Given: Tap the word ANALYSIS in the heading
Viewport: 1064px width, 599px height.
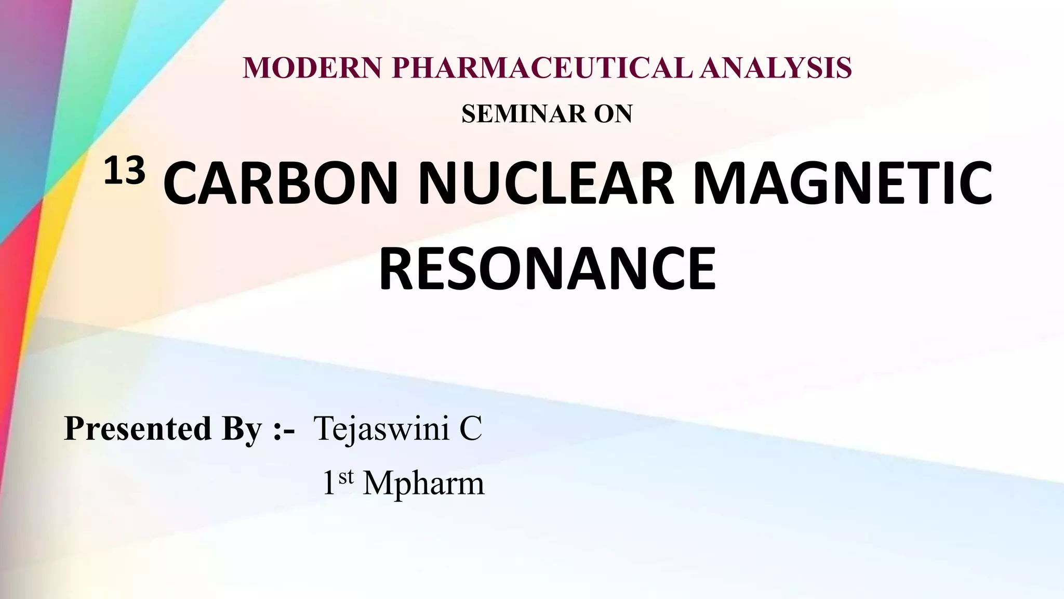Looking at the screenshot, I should pyautogui.click(x=776, y=68).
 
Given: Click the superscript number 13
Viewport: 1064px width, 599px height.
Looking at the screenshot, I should pyautogui.click(x=124, y=172).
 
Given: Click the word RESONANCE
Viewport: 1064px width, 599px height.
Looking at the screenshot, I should pyautogui.click(x=547, y=269).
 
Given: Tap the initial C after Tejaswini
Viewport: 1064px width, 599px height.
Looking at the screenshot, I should pyautogui.click(x=471, y=429).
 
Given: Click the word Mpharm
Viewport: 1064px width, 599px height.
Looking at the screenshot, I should pyautogui.click(x=423, y=484).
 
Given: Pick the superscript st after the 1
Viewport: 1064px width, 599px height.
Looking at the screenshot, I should pyautogui.click(x=346, y=476).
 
